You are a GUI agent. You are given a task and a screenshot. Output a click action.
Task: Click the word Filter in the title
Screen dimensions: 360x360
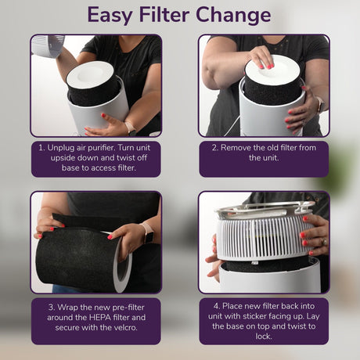coord(164,15)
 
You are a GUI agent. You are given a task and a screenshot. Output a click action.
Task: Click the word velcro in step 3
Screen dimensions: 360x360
coord(125,327)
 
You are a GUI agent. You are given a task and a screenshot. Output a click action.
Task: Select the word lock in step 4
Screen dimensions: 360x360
coord(263,337)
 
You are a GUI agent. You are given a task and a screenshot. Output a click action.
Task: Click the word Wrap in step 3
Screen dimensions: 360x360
coord(67,308)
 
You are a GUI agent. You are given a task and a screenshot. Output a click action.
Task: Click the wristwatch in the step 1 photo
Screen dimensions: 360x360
coord(130,128)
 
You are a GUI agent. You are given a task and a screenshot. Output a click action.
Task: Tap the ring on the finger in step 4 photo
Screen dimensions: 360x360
coord(324,242)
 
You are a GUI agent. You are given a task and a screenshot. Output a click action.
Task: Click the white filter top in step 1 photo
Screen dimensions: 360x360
coord(90,72)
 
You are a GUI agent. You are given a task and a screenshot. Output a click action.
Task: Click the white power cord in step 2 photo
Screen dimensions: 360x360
coord(232,125)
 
